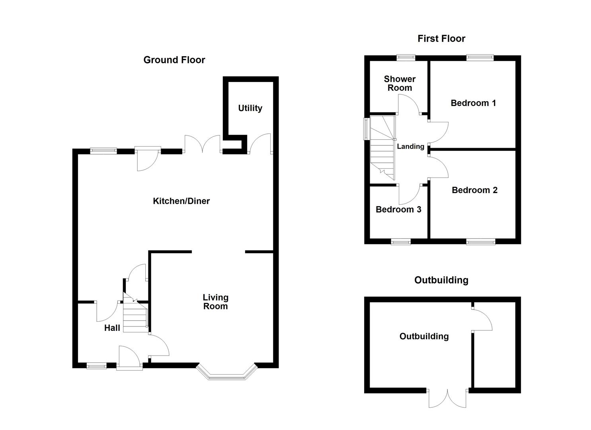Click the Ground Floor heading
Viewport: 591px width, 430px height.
pyautogui.click(x=174, y=60)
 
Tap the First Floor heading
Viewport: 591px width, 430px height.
pyautogui.click(x=441, y=39)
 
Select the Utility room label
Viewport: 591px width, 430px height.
pyautogui.click(x=250, y=108)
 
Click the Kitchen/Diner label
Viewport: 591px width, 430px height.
pyautogui.click(x=181, y=201)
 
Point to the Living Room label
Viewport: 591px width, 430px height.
pyautogui.click(x=215, y=302)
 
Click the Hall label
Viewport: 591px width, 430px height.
pyautogui.click(x=112, y=328)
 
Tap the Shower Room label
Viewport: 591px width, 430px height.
pyautogui.click(x=400, y=83)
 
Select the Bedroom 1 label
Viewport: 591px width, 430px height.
pyautogui.click(x=473, y=103)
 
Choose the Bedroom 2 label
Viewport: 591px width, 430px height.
pyautogui.click(x=474, y=190)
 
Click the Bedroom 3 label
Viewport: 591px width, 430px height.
pyautogui.click(x=398, y=209)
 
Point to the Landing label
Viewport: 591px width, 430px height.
pyautogui.click(x=410, y=147)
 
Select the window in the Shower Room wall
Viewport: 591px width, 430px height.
pyautogui.click(x=406, y=58)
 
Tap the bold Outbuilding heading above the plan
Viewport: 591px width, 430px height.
pyautogui.click(x=441, y=280)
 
